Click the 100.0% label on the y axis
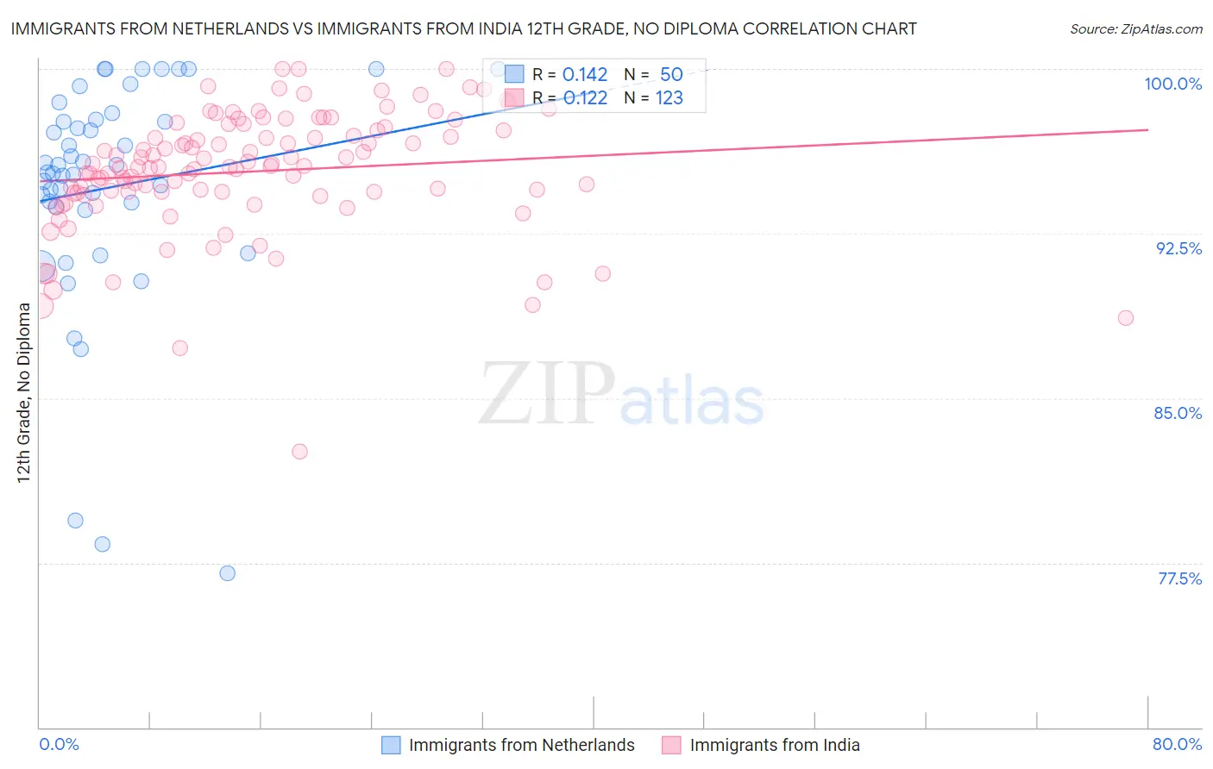pyautogui.click(x=1172, y=84)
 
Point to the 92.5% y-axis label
pyautogui.click(x=1178, y=248)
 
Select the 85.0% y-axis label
pyautogui.click(x=1178, y=413)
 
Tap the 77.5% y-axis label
pyautogui.click(x=1179, y=578)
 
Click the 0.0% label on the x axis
pyautogui.click(x=59, y=744)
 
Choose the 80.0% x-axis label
pyautogui.click(x=1177, y=744)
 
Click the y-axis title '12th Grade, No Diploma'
pyautogui.click(x=23, y=392)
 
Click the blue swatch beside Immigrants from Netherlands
pyautogui.click(x=391, y=745)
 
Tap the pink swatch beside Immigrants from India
pyautogui.click(x=671, y=745)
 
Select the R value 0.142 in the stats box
pyautogui.click(x=585, y=75)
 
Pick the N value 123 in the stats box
pyautogui.click(x=669, y=98)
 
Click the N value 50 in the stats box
pyautogui.click(x=671, y=75)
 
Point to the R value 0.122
pyautogui.click(x=585, y=98)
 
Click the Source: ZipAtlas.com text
pyautogui.click(x=1135, y=29)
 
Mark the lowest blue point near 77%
pyautogui.click(x=228, y=573)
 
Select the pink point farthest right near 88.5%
pyautogui.click(x=1125, y=318)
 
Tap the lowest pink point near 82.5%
pyautogui.click(x=299, y=452)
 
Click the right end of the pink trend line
pyautogui.click(x=1147, y=129)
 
